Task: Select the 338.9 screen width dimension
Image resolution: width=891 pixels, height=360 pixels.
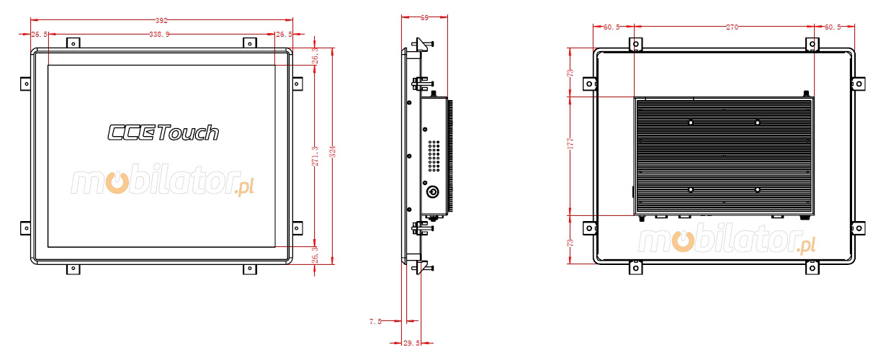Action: point(159,34)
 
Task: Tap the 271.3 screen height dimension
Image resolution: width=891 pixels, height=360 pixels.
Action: point(315,158)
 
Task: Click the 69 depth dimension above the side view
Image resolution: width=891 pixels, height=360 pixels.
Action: point(424,17)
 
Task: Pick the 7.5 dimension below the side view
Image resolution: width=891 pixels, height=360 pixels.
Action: point(375,322)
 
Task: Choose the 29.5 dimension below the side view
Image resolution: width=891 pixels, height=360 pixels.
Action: point(411,343)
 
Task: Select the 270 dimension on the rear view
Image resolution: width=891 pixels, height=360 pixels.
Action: point(732,27)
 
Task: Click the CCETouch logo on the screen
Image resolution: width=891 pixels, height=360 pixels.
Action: point(164,132)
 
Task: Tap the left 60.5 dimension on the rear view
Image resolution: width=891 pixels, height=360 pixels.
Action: point(612,27)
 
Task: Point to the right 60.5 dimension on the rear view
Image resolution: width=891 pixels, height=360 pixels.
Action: point(833,27)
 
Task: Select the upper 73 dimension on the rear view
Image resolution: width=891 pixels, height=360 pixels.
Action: point(570,72)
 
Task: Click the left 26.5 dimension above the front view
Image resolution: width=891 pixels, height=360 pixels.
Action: point(40,34)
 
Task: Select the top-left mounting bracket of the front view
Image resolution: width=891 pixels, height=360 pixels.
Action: point(72,43)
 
